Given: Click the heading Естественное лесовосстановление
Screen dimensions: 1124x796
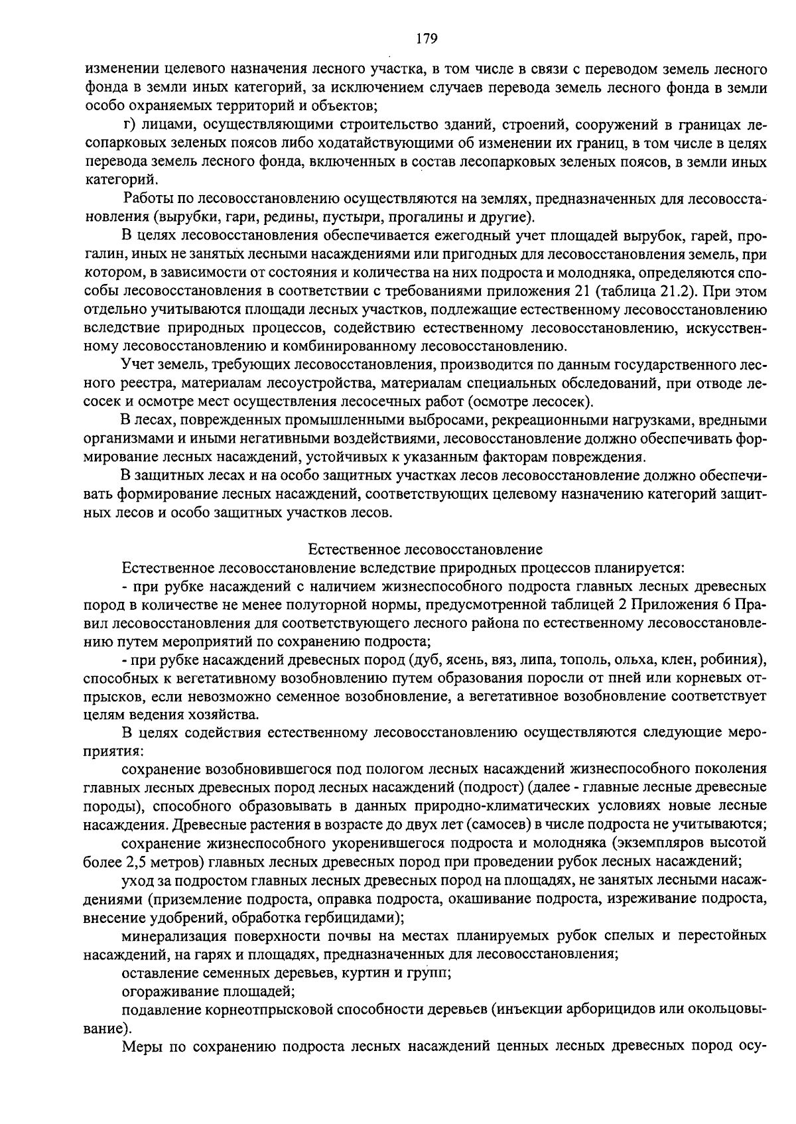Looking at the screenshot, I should pyautogui.click(x=425, y=549).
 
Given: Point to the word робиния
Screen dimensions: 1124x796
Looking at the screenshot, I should pyautogui.click(x=736, y=660).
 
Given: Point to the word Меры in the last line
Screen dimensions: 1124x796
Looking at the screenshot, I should pyautogui.click(x=141, y=1046).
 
